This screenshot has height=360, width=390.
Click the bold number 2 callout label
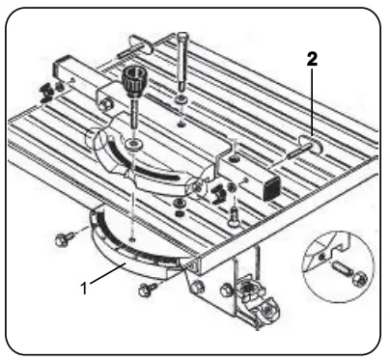click(312, 59)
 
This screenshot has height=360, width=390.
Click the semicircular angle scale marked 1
click(135, 253)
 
